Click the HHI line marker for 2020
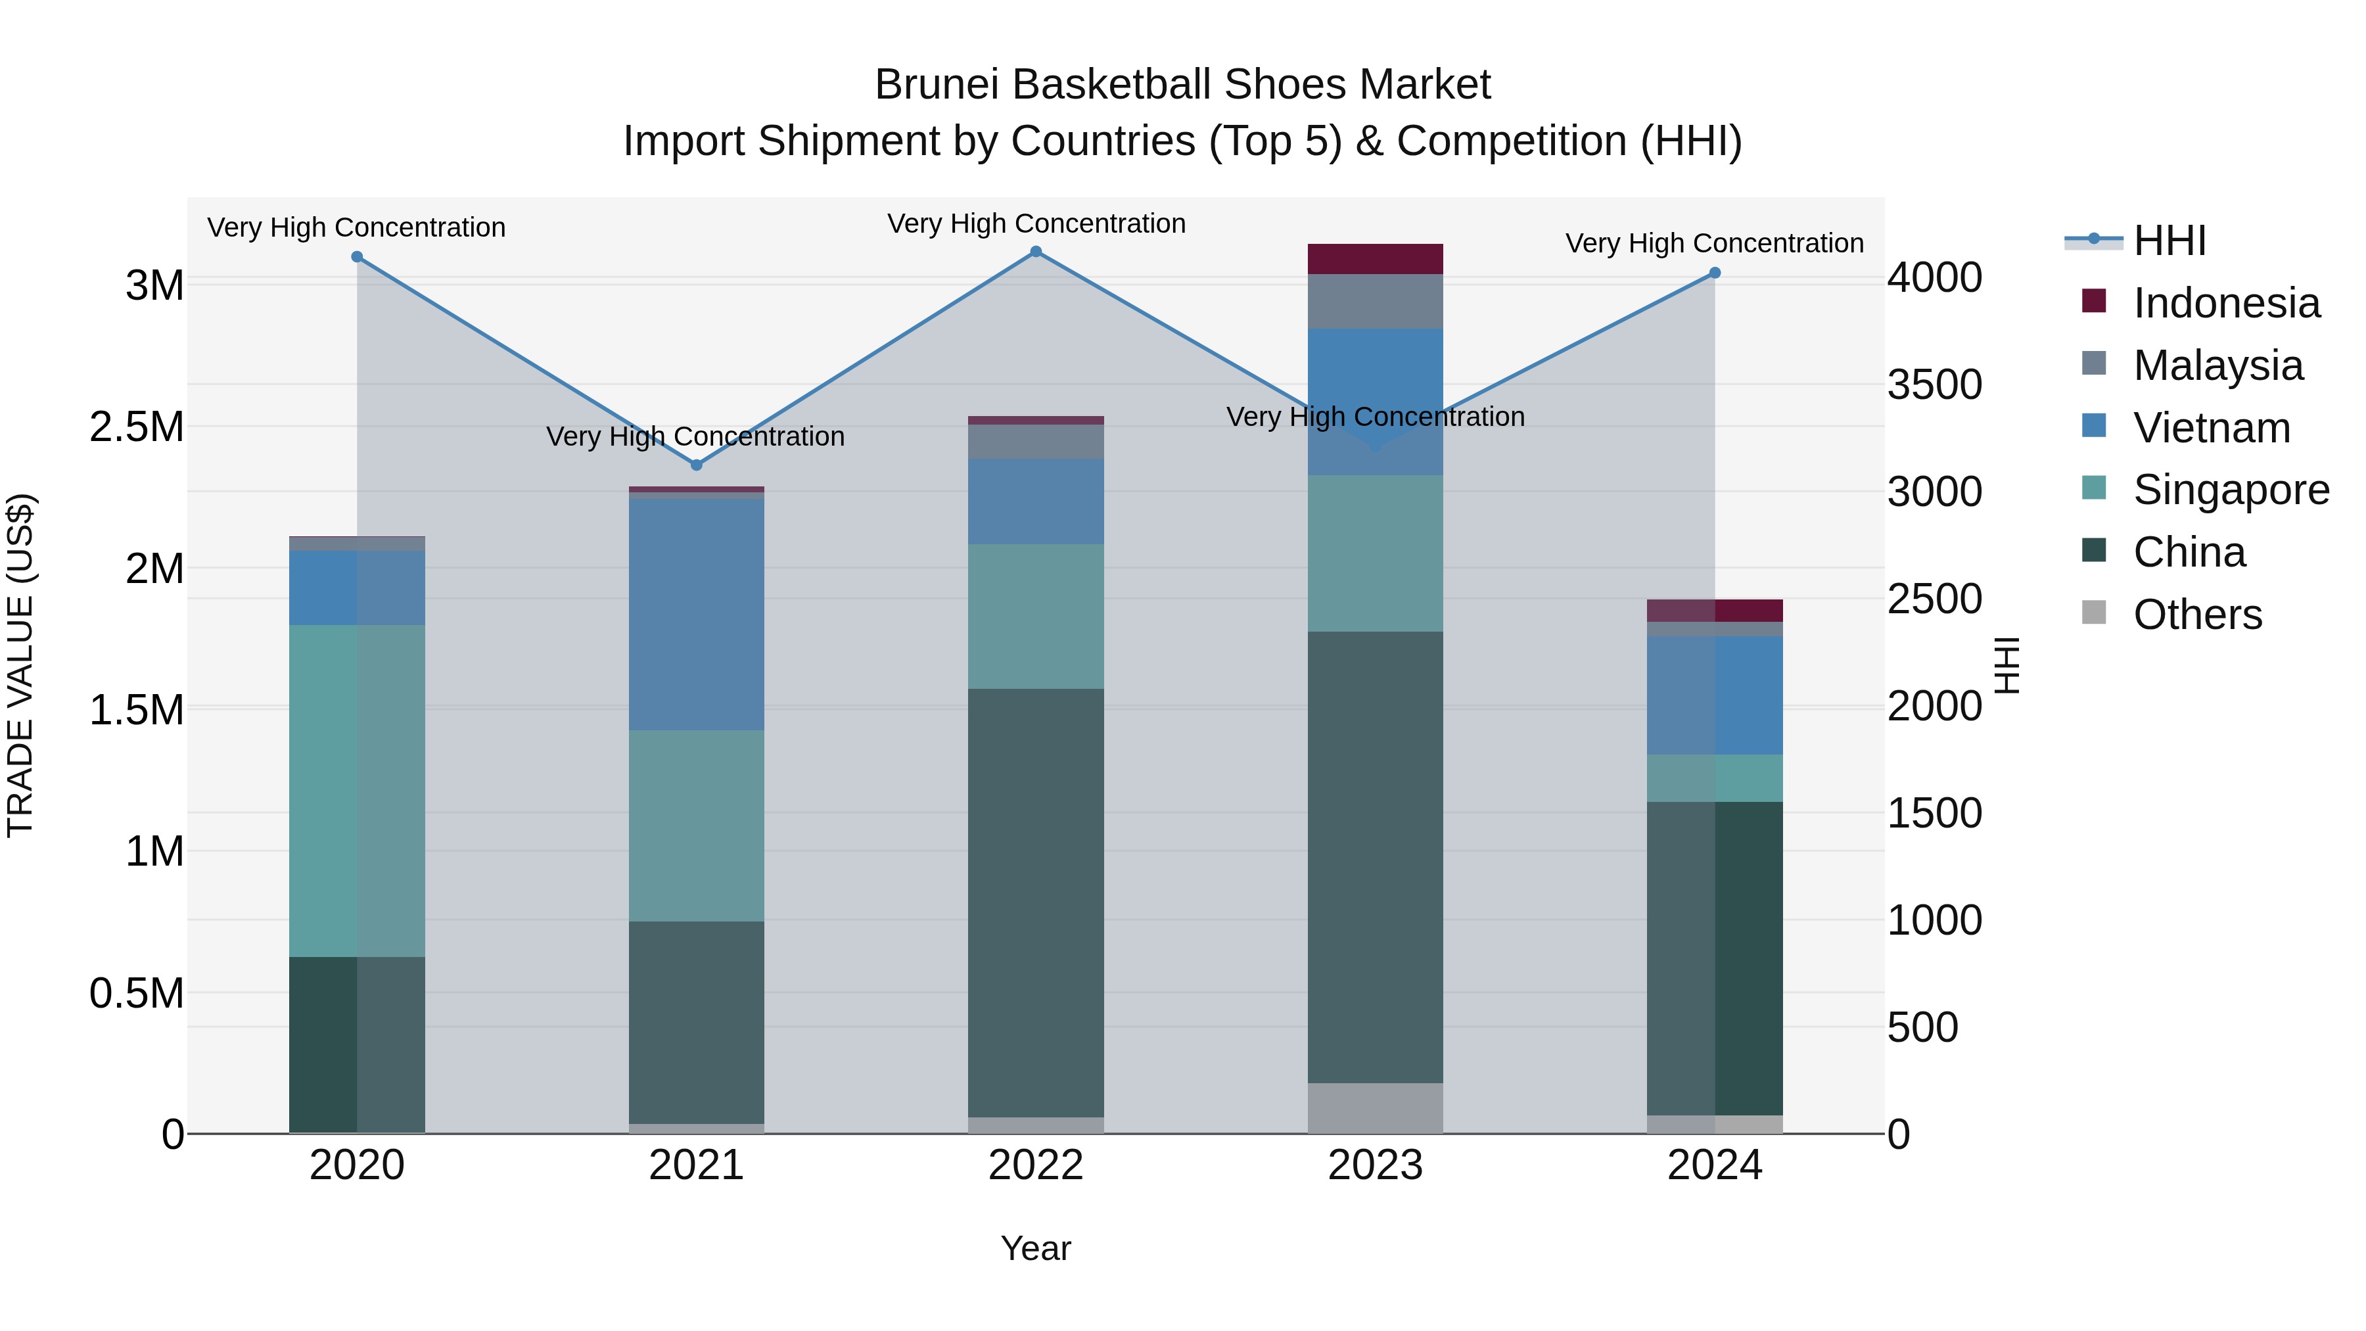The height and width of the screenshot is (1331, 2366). click(x=358, y=257)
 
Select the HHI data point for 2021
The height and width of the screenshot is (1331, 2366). click(x=696, y=465)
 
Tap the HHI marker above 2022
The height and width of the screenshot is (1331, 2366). click(x=1036, y=252)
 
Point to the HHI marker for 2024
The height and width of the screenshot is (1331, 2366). click(x=1714, y=273)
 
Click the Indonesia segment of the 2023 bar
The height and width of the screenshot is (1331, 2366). click(x=1375, y=259)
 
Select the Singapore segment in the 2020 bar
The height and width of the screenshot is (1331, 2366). click(x=358, y=790)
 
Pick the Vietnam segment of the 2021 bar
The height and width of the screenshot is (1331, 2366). click(x=696, y=614)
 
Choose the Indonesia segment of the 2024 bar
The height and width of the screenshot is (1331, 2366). click(x=1714, y=611)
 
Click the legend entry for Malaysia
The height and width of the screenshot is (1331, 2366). click(x=2217, y=365)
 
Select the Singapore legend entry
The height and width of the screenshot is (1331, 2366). click(x=2230, y=490)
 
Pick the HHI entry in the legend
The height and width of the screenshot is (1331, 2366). click(x=2169, y=241)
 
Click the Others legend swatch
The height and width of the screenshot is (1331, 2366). click(x=2094, y=612)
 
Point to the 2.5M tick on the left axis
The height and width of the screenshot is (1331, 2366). click(x=137, y=427)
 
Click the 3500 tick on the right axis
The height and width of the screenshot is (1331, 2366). click(x=1934, y=385)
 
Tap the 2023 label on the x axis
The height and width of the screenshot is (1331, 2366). click(x=1375, y=1165)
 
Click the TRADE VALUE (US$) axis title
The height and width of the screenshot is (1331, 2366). click(x=21, y=665)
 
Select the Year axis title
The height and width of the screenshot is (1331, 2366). click(x=1035, y=1248)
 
